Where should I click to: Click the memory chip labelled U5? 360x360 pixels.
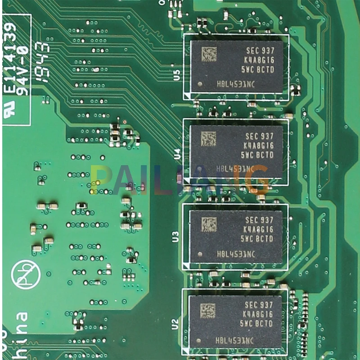pyautogui.click(x=237, y=67)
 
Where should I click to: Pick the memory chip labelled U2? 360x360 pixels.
pyautogui.click(x=236, y=320)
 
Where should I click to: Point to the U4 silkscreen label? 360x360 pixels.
pyautogui.click(x=177, y=154)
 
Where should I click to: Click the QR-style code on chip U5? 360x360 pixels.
pyautogui.click(x=208, y=54)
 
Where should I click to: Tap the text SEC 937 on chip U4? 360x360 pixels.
pyautogui.click(x=259, y=136)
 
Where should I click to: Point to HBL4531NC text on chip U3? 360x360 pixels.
pyautogui.click(x=236, y=254)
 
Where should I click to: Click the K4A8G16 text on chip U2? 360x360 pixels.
pyautogui.click(x=258, y=315)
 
